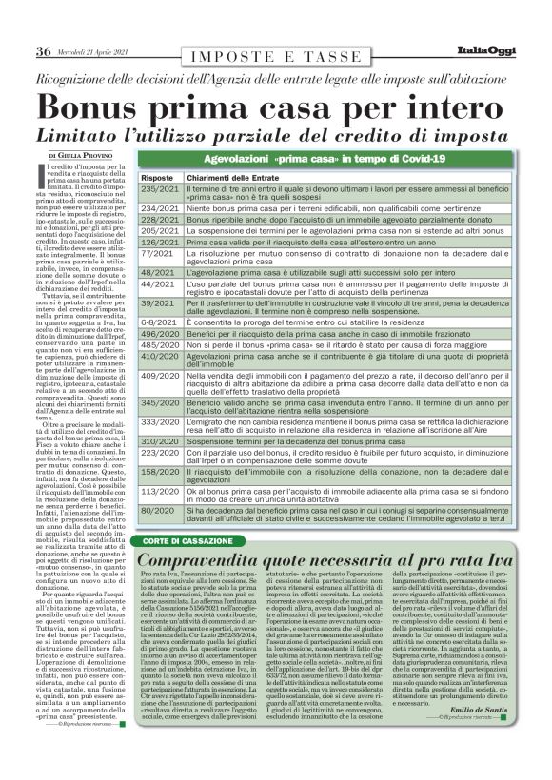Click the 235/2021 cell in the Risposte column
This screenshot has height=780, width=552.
tap(160, 190)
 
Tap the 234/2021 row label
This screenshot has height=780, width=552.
tap(160, 207)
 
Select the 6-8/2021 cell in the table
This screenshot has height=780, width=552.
tap(158, 322)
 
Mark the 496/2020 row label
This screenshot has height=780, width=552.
tap(160, 335)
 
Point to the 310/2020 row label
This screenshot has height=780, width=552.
tap(160, 441)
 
